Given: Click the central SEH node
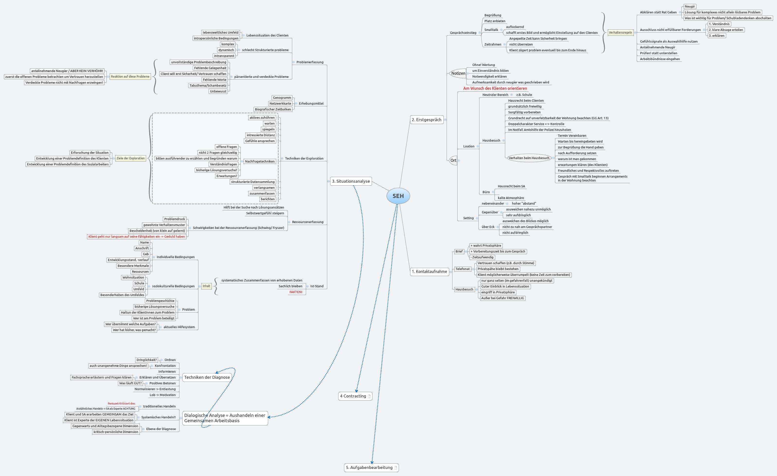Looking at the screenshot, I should click(x=398, y=196).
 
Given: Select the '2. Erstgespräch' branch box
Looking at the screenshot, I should click(x=426, y=120).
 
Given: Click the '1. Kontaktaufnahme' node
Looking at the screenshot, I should click(x=429, y=271).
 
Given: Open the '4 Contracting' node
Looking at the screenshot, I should click(x=353, y=396).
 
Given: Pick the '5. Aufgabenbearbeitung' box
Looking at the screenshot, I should click(x=369, y=467).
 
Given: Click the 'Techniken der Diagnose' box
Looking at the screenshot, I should click(x=207, y=377).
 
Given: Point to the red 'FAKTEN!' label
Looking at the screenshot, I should click(x=296, y=292).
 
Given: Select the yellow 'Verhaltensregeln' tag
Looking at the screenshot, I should click(x=620, y=33).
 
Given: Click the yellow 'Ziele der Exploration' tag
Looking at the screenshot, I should click(x=131, y=158).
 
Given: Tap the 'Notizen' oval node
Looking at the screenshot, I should click(x=458, y=73).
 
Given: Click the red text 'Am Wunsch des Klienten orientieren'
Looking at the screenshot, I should click(x=495, y=88).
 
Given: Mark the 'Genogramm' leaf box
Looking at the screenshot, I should click(x=282, y=98).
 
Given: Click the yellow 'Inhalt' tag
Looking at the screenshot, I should click(x=206, y=286).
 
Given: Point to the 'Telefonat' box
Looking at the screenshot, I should click(x=462, y=269).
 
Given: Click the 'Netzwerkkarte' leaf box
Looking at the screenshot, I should click(x=280, y=103).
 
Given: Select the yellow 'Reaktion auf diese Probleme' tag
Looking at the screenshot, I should click(x=130, y=77).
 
